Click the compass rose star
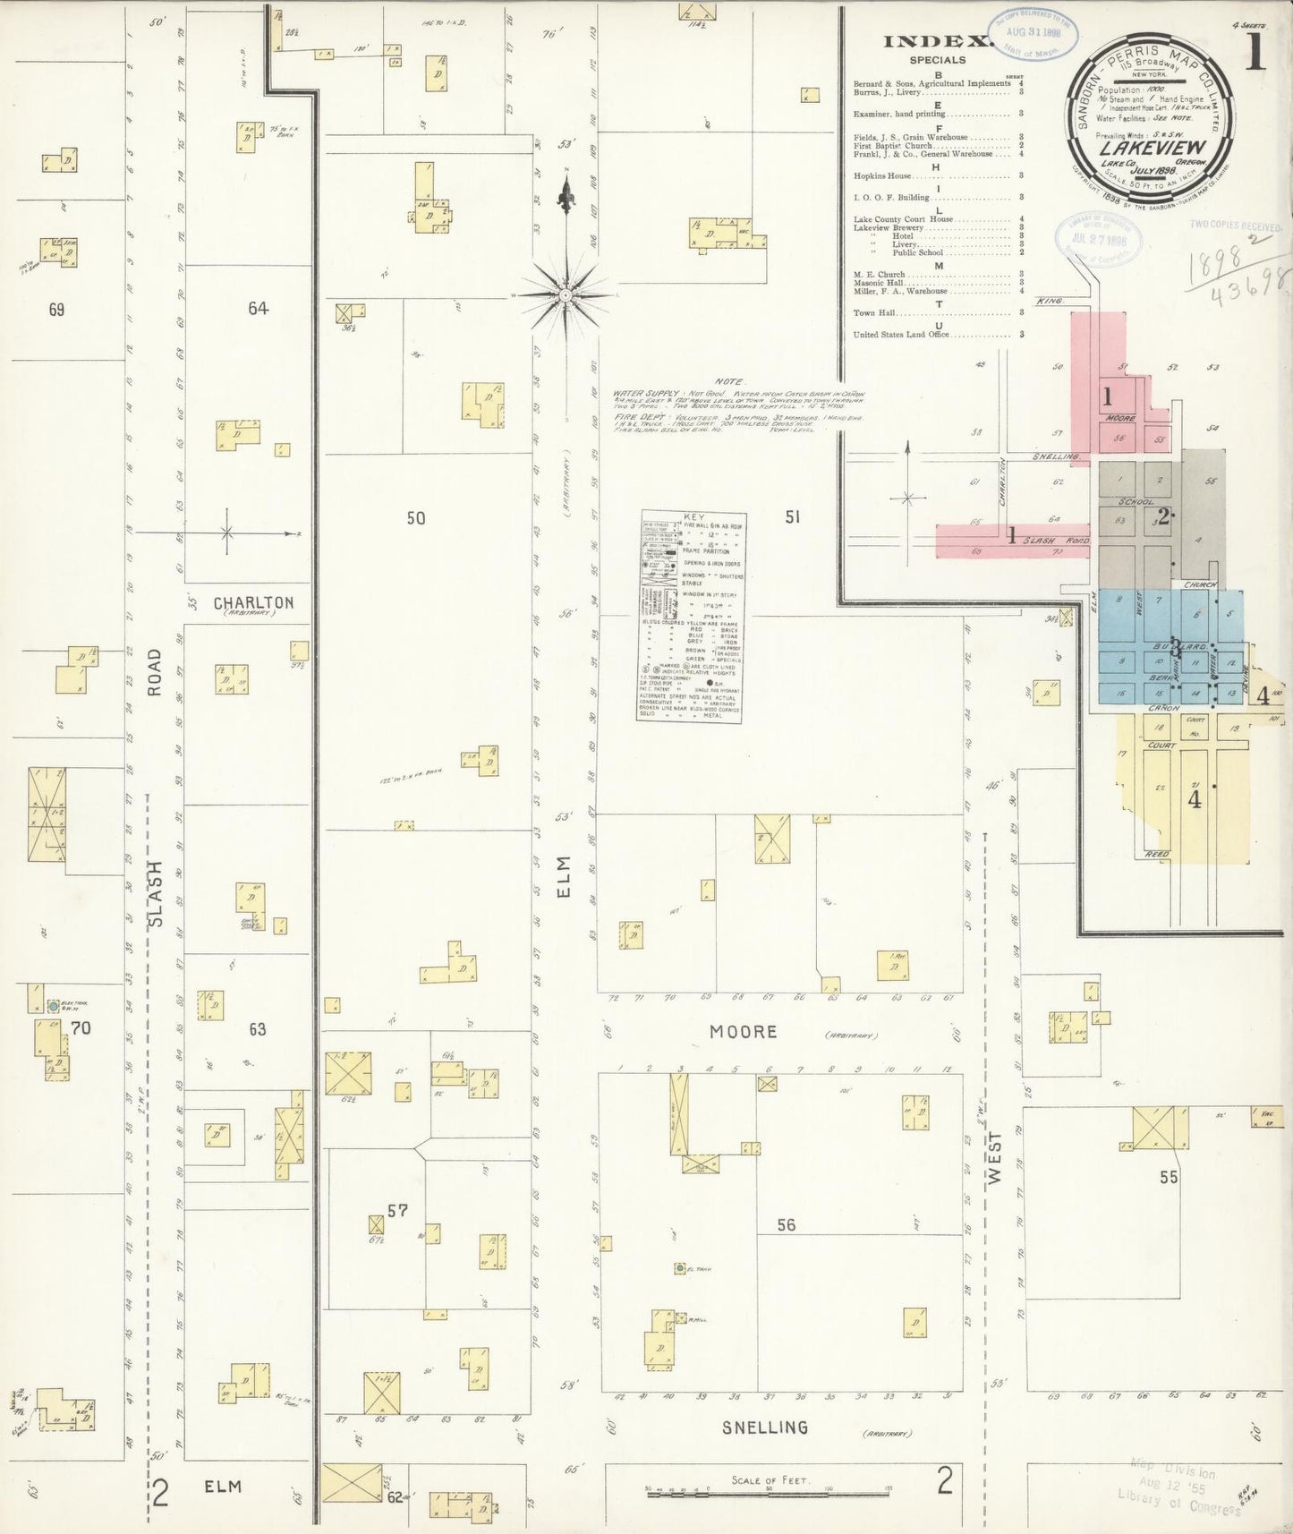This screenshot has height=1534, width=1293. (x=566, y=294)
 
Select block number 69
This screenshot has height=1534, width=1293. (x=56, y=311)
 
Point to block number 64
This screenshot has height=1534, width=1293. (x=258, y=309)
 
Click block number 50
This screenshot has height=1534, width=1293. (x=415, y=518)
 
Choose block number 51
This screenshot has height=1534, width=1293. (x=791, y=516)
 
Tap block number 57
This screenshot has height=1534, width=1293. (x=397, y=1211)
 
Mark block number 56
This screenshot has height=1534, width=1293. (x=786, y=1224)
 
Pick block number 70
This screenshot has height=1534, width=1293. (x=81, y=1028)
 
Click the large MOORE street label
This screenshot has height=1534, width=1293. (x=743, y=1032)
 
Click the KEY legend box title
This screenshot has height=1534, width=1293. (x=693, y=517)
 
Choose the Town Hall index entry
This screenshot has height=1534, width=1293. (x=875, y=313)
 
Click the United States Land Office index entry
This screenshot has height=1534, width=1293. (x=900, y=335)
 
